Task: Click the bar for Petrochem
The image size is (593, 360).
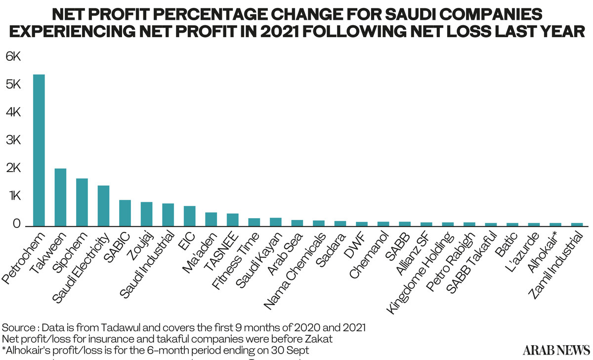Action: click(x=39, y=150)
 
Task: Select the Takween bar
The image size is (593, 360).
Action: click(x=60, y=197)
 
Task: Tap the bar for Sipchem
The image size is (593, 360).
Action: click(x=82, y=202)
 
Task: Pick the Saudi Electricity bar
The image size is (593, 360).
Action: click(x=103, y=206)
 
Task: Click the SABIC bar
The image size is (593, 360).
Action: click(x=125, y=213)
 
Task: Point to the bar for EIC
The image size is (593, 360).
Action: click(x=190, y=216)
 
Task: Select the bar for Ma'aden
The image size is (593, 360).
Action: click(x=211, y=220)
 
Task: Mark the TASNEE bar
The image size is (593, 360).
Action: click(x=233, y=220)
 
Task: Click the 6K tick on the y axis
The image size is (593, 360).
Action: click(x=13, y=56)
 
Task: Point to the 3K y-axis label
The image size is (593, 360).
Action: click(x=13, y=140)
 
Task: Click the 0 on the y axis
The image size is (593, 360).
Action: click(x=16, y=224)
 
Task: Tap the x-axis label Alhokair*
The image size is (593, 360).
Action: click(x=542, y=252)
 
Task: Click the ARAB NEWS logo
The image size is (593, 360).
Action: click(x=556, y=350)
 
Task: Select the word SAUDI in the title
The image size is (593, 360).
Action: click(x=410, y=14)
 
